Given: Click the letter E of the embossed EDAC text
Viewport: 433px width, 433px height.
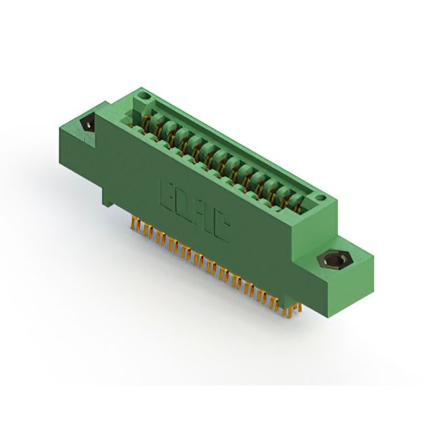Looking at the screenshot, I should tap(167, 191).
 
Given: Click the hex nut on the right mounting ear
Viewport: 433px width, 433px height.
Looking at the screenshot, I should tap(334, 260).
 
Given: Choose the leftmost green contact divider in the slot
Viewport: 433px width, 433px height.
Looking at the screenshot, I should tap(156, 121).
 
